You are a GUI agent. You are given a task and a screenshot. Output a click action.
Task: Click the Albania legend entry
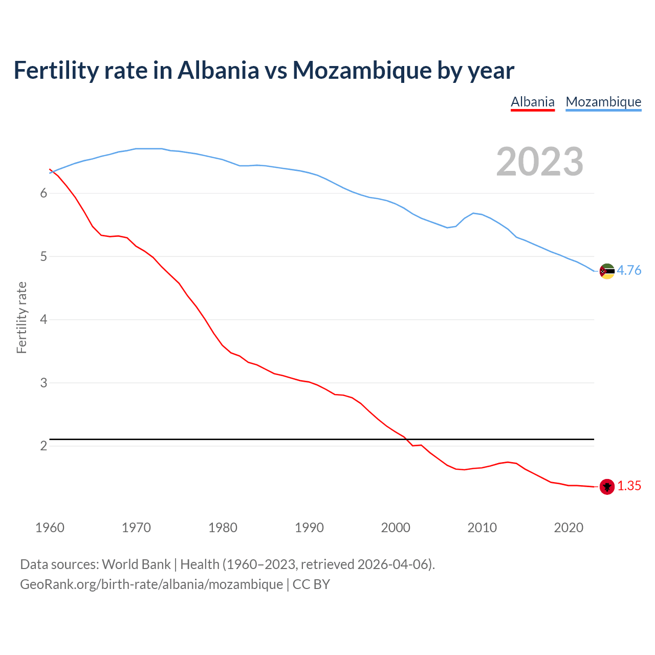[x=533, y=102]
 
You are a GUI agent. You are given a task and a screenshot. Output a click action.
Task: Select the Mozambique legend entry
[x=603, y=102]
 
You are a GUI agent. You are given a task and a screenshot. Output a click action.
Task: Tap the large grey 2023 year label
[x=540, y=162]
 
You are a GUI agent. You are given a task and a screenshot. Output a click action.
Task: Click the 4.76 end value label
[x=629, y=270]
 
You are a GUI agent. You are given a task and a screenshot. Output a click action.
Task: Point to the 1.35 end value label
[x=629, y=486]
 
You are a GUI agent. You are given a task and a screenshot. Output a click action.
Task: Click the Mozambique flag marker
[x=607, y=271]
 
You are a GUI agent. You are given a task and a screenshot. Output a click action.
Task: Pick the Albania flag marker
[x=607, y=487]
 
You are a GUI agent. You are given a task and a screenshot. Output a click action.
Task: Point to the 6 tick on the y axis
[x=43, y=193]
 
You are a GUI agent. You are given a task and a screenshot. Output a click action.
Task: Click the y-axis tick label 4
[x=43, y=319]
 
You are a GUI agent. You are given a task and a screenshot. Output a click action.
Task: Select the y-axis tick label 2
[x=43, y=446]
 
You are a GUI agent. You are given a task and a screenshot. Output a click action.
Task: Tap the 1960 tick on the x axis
[x=50, y=528]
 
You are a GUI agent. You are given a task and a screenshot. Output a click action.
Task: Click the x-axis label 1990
[x=309, y=528]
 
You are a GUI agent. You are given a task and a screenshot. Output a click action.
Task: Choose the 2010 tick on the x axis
[x=482, y=528]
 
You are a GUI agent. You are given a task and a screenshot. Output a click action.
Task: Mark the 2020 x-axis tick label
[x=569, y=528]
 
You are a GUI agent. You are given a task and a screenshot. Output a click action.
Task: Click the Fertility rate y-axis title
[x=21, y=317]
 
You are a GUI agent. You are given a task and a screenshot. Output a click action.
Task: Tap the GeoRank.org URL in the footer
[x=151, y=584]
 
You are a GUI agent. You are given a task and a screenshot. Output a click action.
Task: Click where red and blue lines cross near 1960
[x=53, y=171]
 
